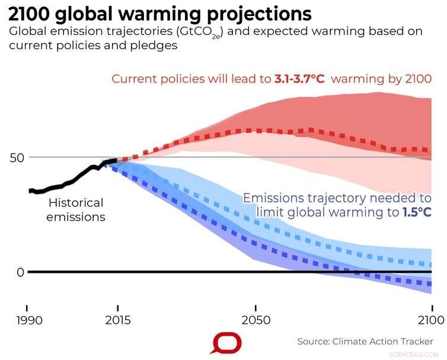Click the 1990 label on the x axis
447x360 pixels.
pos(27,320)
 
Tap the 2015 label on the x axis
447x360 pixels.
pos(118,320)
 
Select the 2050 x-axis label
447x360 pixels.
pos(256,320)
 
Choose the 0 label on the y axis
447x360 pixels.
pos(20,272)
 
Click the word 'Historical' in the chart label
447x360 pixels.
pos(76,203)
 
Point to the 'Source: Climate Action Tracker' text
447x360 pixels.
pos(365,342)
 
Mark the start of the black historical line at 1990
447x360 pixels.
pos(29,190)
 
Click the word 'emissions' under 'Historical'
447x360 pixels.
pos(76,217)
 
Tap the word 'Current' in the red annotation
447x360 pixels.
pos(133,79)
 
